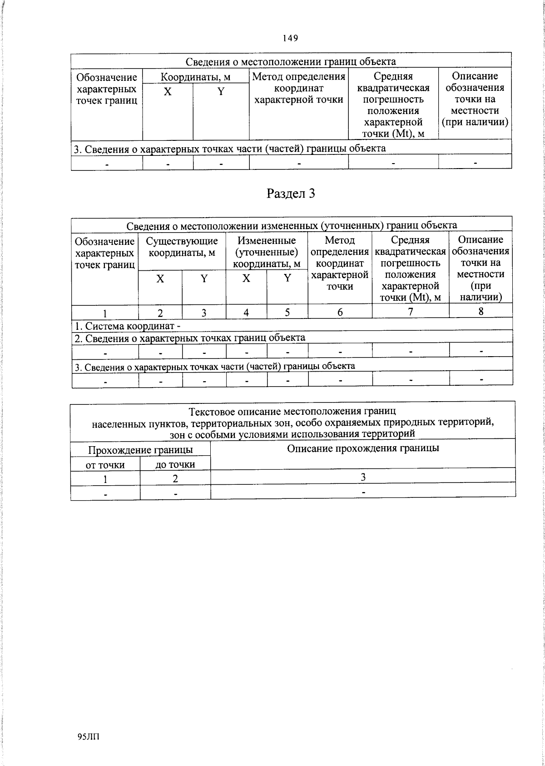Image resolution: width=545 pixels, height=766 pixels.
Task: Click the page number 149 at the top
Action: pos(290,38)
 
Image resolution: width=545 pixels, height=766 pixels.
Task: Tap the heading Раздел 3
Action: pos(291,194)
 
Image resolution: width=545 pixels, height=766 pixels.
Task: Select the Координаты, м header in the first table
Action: pos(196,77)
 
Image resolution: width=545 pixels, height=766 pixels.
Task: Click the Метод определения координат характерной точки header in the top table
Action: pos(298,88)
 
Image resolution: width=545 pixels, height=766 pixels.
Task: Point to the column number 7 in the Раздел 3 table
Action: pos(410,312)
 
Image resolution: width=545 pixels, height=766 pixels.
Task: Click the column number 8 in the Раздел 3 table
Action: pos(481,311)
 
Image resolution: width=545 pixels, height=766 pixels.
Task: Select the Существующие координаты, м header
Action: pos(182,247)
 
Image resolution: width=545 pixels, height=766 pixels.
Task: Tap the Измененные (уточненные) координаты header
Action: pos(267,252)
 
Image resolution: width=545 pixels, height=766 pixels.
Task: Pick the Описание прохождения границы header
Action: pos(363,448)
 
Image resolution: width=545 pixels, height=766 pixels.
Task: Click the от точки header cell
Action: pos(105,465)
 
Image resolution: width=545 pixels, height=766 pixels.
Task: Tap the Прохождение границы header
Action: pos(140,450)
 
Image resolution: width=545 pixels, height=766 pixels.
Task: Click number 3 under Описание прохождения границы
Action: pos(363,477)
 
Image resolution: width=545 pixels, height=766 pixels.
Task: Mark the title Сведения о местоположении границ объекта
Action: pos(291,61)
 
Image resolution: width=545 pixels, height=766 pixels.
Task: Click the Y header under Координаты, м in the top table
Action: pos(221,92)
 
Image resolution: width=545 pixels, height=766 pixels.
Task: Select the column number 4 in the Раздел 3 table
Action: pos(246,313)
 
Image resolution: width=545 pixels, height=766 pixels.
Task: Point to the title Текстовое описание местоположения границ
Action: pos(292,412)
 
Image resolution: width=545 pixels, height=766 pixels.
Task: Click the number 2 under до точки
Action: pos(175,479)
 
